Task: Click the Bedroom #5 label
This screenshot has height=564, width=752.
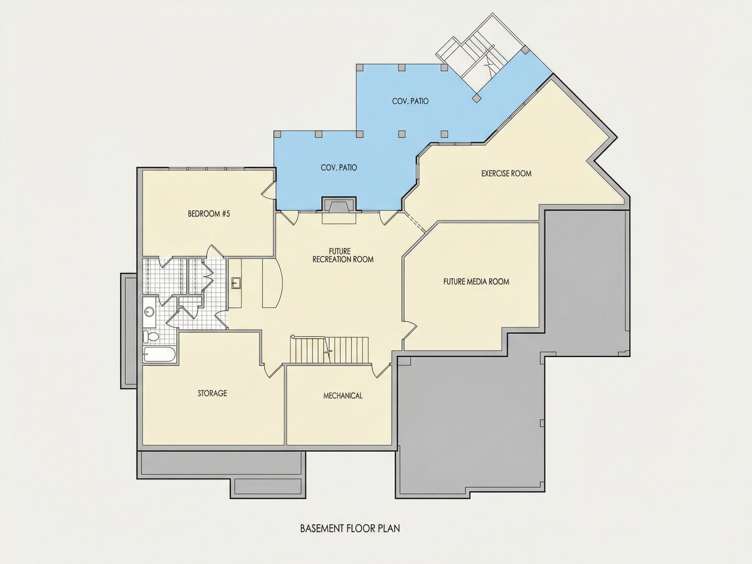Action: click(209, 214)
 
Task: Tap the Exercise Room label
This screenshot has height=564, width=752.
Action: click(506, 173)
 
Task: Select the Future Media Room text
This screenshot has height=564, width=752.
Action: click(476, 281)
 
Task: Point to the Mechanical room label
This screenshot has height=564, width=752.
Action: click(343, 395)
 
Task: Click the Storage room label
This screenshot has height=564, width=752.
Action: click(212, 393)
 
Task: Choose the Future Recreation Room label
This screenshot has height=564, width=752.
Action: click(343, 255)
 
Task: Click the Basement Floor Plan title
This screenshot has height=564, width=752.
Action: click(350, 528)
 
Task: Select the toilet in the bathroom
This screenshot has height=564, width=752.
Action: click(150, 337)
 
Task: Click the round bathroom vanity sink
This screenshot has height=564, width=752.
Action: click(149, 311)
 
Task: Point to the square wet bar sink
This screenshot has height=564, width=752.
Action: click(236, 283)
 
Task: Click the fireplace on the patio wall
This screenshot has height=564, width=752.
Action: click(339, 206)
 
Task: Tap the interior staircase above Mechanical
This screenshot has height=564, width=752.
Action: click(329, 350)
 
